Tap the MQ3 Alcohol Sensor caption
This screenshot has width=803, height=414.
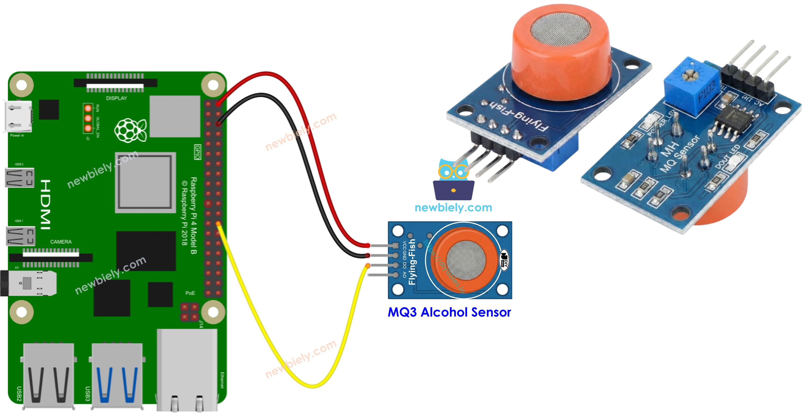click(x=449, y=312)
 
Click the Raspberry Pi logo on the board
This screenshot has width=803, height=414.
click(x=130, y=130)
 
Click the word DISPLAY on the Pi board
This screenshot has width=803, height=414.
click(x=116, y=98)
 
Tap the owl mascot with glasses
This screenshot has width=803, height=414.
click(x=454, y=179)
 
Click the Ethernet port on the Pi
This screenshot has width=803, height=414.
click(x=187, y=371)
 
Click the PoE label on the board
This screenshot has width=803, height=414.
click(x=190, y=293)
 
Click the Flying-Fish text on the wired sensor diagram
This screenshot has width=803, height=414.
click(x=412, y=262)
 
